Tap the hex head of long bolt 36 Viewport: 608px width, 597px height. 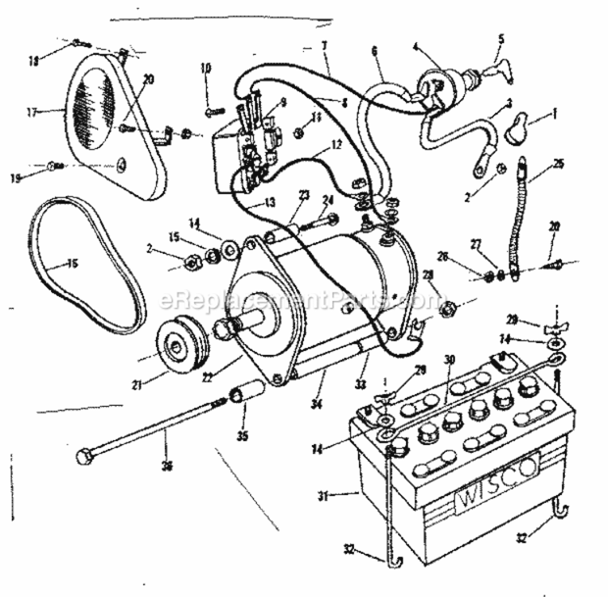[x=84, y=459]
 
